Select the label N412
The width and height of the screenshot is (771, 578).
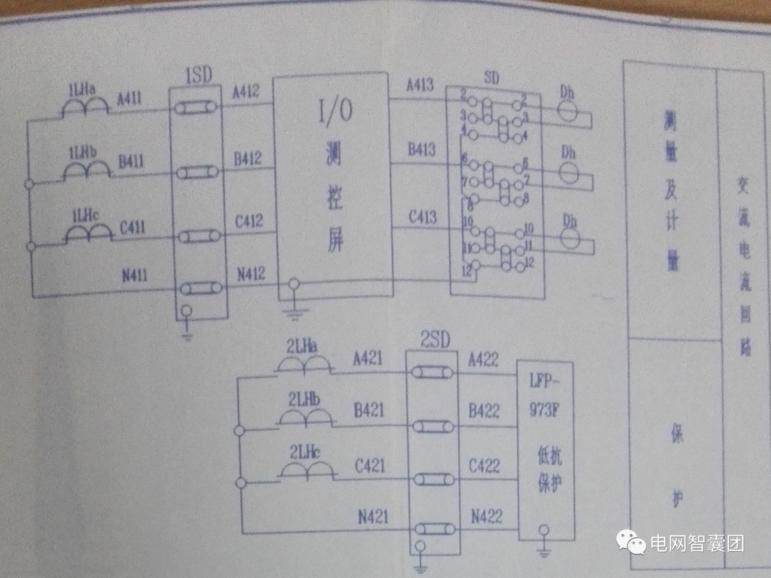[250, 273]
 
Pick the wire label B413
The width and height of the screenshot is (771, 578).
[421, 149]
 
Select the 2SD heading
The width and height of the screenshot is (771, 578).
[435, 340]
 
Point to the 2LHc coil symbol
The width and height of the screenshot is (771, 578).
[307, 469]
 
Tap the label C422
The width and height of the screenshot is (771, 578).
[484, 466]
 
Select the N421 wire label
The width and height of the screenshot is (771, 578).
[371, 515]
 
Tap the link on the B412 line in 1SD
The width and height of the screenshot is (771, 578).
[198, 172]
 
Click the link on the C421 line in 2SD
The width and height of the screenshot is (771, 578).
[434, 480]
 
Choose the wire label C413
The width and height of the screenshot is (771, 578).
[422, 216]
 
